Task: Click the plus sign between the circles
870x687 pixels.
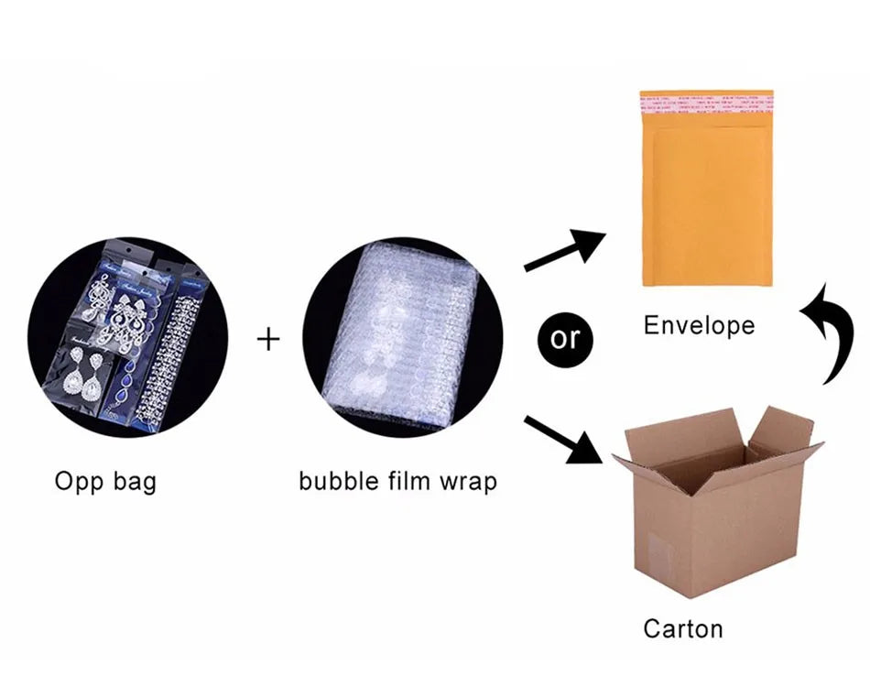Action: tap(267, 340)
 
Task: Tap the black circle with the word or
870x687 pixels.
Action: tap(565, 338)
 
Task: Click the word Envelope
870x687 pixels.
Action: tap(699, 325)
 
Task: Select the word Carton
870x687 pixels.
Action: tap(682, 628)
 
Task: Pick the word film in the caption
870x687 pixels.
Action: tap(408, 480)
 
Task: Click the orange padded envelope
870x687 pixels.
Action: tap(706, 197)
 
